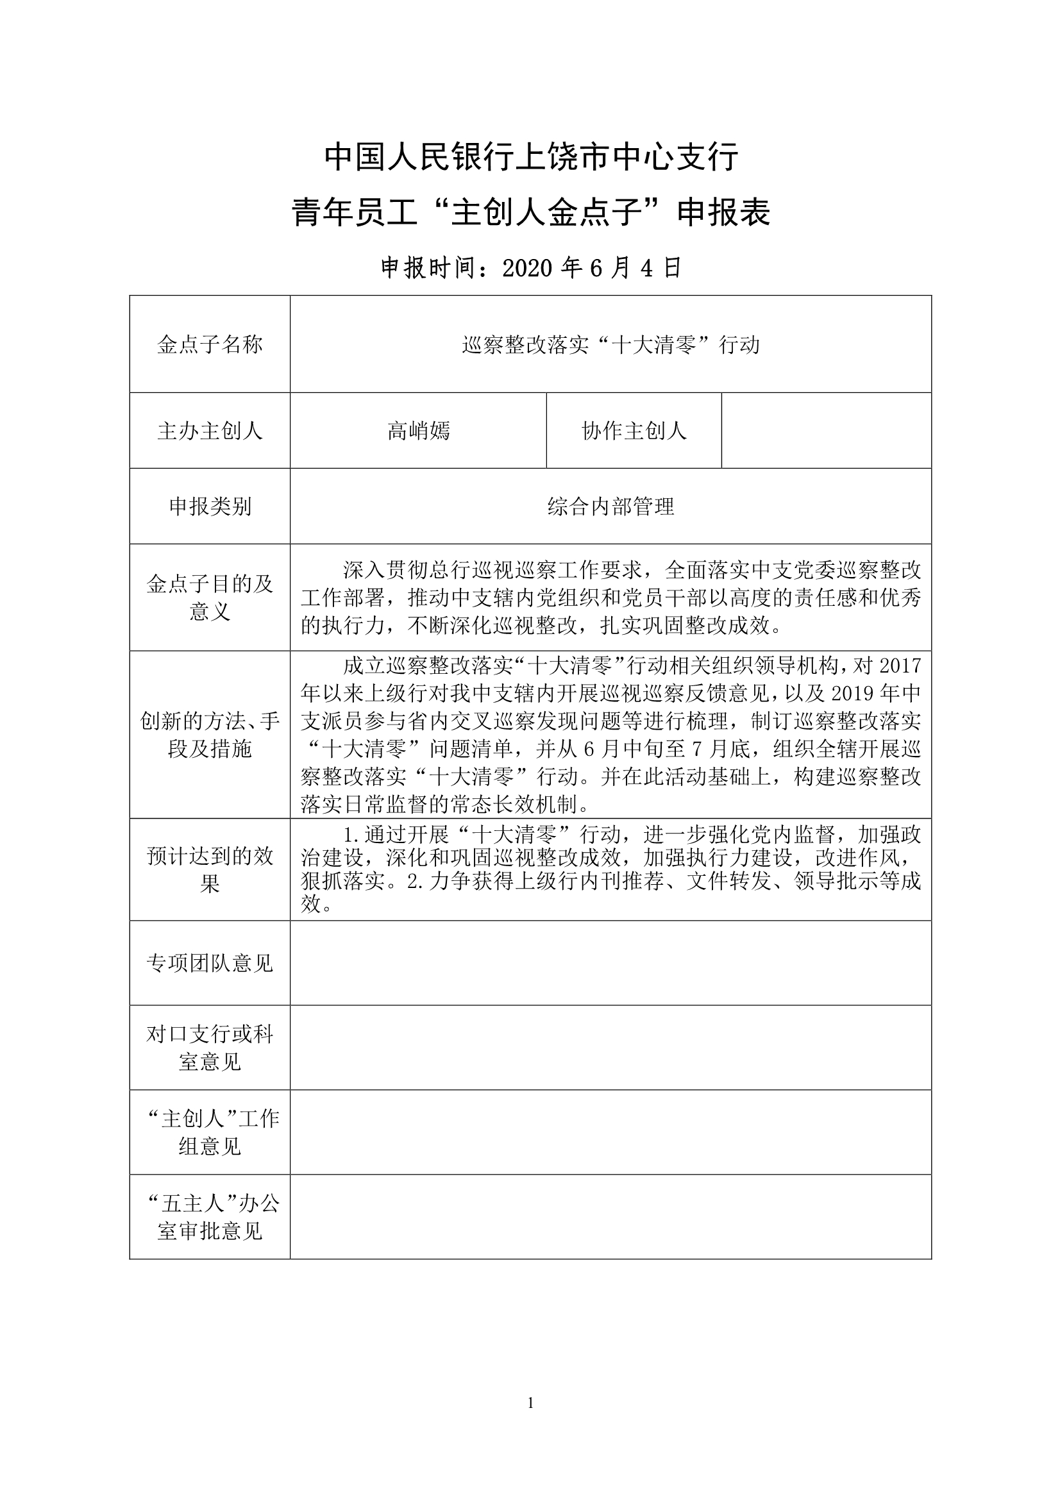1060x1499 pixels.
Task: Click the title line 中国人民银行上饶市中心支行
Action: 531,157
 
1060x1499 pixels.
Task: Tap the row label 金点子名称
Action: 210,345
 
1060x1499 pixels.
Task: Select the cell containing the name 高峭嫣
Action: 418,431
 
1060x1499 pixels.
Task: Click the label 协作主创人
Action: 634,431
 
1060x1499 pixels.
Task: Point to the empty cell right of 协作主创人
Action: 826,431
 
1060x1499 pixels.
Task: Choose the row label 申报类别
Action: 210,507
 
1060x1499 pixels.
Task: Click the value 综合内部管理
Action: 610,507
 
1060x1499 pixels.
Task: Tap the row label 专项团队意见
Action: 210,964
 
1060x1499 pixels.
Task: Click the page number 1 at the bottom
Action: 530,1403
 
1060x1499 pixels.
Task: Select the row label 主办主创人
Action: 210,431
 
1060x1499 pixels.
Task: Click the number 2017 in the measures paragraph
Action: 900,666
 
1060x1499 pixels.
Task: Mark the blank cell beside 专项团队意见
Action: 610,964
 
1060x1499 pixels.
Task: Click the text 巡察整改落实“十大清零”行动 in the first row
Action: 610,345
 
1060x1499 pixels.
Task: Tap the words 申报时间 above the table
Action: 428,269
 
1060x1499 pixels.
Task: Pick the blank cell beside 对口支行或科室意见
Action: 610,1048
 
